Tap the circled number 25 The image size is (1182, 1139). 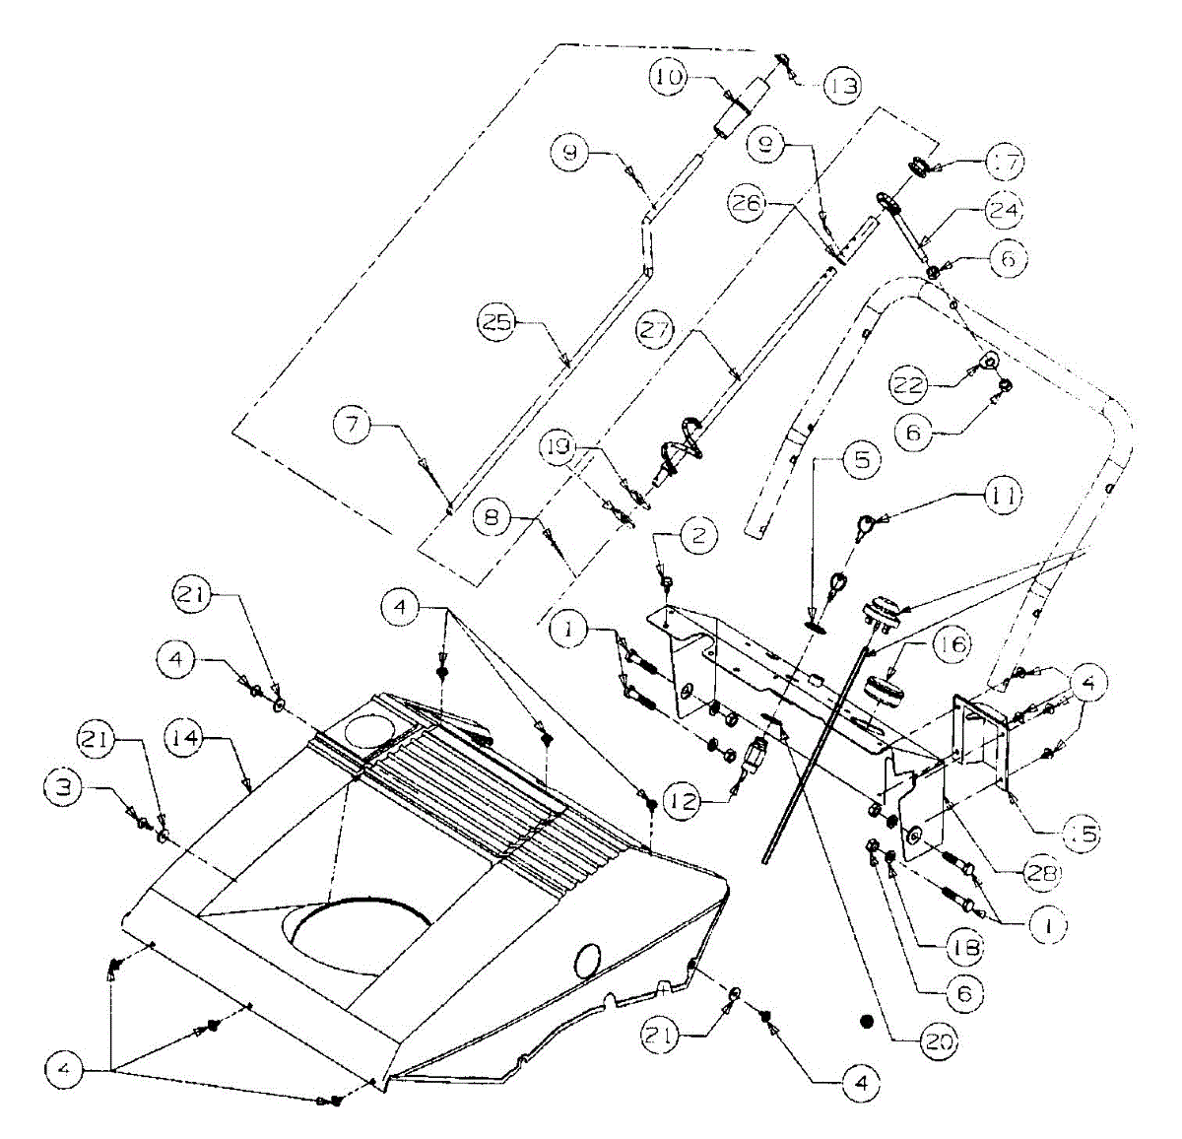[498, 324]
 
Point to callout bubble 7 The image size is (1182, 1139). [352, 426]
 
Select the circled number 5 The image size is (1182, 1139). [862, 459]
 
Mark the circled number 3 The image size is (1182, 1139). [64, 785]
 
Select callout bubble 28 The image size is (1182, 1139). [1040, 873]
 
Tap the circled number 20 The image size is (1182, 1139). [937, 1040]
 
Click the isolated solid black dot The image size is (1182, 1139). [867, 1021]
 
